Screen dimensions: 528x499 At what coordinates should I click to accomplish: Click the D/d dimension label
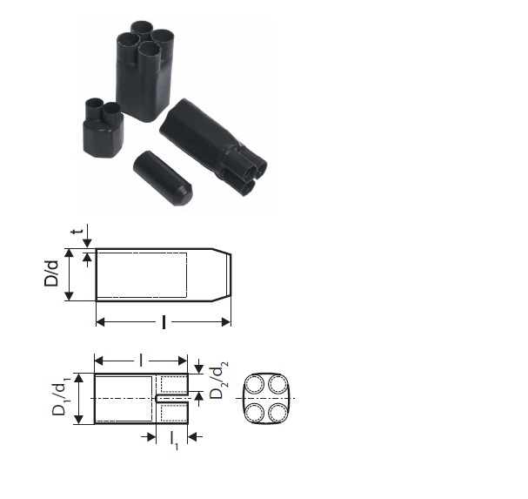(x=51, y=273)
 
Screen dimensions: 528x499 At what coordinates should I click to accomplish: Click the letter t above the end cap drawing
(x=77, y=232)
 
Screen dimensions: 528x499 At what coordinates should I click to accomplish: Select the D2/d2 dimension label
(x=218, y=380)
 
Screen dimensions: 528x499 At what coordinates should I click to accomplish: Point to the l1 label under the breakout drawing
(x=174, y=441)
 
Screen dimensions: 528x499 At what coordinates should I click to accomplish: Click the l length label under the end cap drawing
(x=164, y=322)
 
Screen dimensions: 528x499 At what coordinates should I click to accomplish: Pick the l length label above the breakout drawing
(x=141, y=361)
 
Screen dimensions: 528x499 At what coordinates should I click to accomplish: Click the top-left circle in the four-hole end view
(x=255, y=385)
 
